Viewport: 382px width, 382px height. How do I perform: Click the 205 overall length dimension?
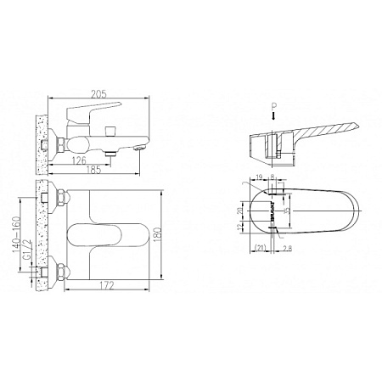click(100, 92)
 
